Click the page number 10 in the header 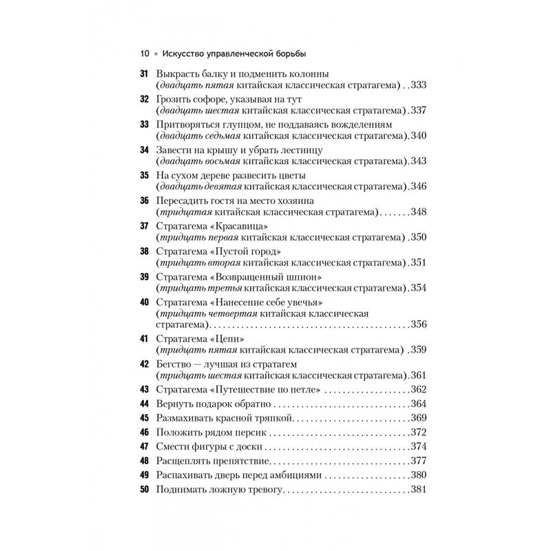coord(144,54)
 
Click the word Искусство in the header coord(187,54)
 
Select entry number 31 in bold coord(144,74)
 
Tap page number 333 coord(419,85)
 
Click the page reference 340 coord(419,136)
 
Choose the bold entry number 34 coord(144,149)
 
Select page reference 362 coord(419,391)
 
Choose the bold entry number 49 coord(144,475)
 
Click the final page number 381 coord(419,489)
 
